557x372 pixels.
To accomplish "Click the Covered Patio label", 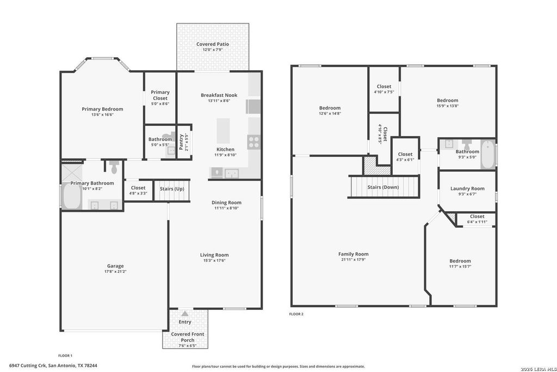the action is [x=213, y=44].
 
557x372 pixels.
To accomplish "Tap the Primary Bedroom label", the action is [x=102, y=109].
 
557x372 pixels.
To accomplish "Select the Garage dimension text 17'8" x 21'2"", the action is [x=115, y=272].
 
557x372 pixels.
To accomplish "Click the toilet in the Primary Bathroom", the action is [x=114, y=167].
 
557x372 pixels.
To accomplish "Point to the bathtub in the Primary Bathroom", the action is [x=72, y=196].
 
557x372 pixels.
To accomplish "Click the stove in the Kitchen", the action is [x=254, y=142].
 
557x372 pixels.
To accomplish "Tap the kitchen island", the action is [x=223, y=131].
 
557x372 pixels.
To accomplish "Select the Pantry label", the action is [x=181, y=142].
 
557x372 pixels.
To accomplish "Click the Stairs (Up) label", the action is [x=172, y=189].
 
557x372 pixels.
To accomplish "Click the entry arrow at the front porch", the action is [x=185, y=314].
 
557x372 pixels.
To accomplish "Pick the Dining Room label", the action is [x=226, y=203].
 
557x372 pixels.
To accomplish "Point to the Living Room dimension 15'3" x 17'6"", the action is [x=214, y=260].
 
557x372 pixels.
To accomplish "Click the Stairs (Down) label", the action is [x=383, y=187].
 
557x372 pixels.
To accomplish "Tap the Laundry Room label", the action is [x=467, y=188].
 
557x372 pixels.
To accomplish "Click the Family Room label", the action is [x=353, y=254].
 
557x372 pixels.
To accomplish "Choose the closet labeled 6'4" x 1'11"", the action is [x=476, y=219].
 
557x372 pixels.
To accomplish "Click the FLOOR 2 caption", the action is [x=296, y=314].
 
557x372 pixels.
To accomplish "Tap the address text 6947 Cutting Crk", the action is [x=28, y=365].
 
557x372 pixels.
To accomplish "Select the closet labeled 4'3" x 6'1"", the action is [x=405, y=156].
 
